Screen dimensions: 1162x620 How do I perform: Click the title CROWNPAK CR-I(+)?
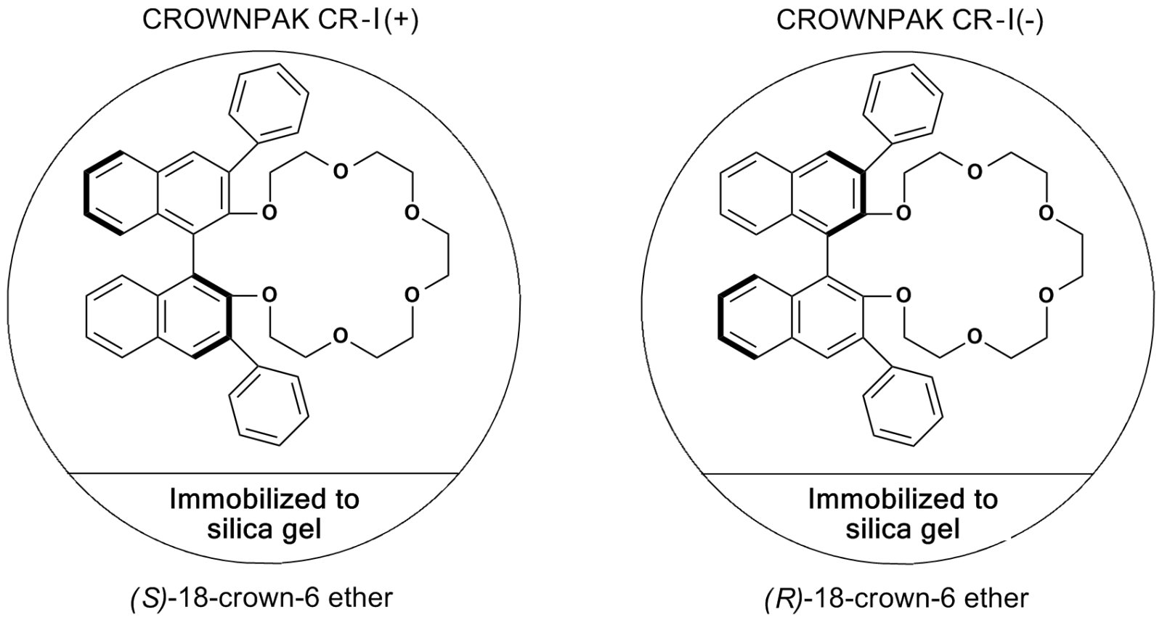tap(280, 21)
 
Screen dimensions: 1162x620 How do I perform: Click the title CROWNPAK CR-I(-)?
tap(910, 21)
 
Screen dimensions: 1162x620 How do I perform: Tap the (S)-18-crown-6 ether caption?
tap(261, 598)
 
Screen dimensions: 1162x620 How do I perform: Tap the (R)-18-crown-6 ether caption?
tap(896, 598)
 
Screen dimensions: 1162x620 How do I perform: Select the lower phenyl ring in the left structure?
tap(269, 407)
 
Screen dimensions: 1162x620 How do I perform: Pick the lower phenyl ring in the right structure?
tap(903, 407)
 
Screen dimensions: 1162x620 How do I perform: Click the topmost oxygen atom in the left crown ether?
tap(341, 171)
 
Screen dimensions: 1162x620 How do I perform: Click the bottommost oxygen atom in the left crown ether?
tap(341, 336)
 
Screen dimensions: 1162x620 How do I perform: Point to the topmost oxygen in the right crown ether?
tap(975, 171)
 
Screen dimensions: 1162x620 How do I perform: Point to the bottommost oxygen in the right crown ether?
tap(975, 336)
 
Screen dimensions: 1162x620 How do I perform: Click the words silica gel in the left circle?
tap(264, 530)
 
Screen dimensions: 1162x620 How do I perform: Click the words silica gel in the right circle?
tap(903, 530)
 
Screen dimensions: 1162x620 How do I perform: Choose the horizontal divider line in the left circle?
tap(264, 473)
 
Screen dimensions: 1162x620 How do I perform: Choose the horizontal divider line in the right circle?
tap(898, 473)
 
